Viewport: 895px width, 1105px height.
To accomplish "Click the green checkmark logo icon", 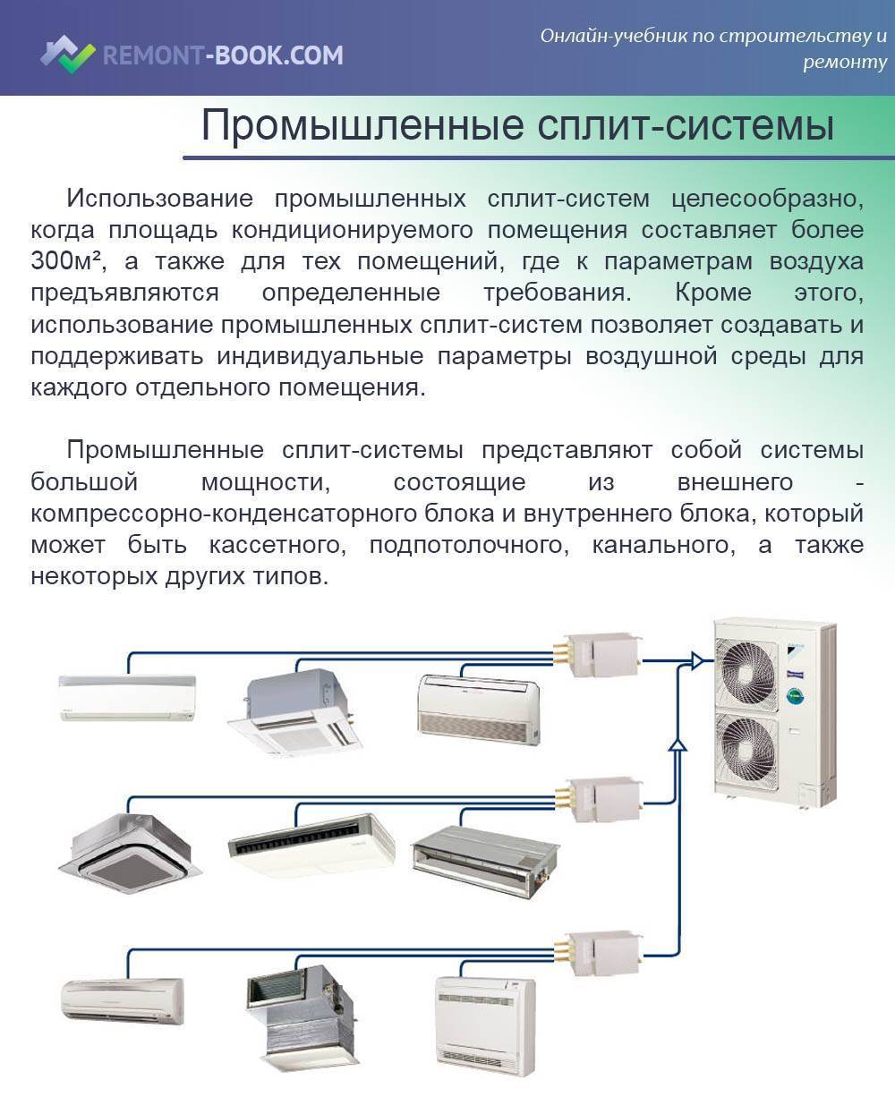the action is pos(68,55).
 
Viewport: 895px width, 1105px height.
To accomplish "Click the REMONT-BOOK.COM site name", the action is pos(223,55).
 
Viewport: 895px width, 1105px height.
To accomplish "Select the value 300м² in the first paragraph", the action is pos(65,260).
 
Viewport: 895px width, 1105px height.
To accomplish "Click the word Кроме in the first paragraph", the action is pos(713,293).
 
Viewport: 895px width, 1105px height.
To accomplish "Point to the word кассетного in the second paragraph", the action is pos(277,545).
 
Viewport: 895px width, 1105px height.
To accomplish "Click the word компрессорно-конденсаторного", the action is pos(224,514).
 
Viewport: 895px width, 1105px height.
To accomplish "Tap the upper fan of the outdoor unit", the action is pos(746,673).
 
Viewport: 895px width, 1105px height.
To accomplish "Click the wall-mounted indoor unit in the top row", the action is pos(128,698).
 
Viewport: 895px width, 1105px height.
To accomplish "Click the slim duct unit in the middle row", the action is pos(484,861).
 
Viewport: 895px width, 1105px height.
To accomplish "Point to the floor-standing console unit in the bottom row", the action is pos(484,1026).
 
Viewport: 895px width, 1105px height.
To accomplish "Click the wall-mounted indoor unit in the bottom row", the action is pos(123,1000).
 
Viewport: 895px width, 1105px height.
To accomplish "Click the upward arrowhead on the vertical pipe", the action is pos(678,744).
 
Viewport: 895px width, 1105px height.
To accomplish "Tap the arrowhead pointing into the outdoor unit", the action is pos(697,660).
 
